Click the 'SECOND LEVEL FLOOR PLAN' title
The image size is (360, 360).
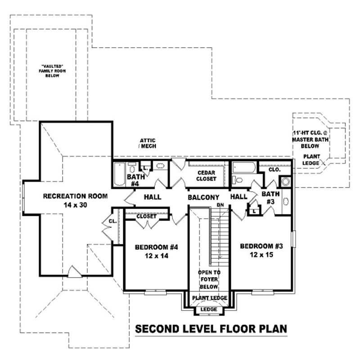211,328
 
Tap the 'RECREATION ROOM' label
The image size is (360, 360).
75,196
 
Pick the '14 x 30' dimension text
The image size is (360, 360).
75,205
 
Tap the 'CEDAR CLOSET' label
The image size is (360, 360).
207,175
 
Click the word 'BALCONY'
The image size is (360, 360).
203,197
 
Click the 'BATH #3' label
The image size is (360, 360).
271,198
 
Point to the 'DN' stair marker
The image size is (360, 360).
220,205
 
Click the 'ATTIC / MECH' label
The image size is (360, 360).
147,144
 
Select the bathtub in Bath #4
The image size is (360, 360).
119,175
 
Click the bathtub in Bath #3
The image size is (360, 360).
243,168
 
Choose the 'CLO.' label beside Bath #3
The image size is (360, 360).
274,170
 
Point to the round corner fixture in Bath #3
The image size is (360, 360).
285,182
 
